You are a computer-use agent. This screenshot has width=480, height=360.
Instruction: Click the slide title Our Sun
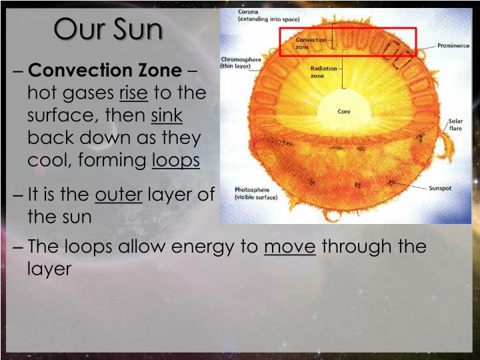coord(107,29)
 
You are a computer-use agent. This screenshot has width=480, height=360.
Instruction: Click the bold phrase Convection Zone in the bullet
coord(105,71)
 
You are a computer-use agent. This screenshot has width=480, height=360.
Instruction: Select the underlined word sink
coord(167,115)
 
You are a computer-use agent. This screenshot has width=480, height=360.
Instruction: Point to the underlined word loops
coord(176,161)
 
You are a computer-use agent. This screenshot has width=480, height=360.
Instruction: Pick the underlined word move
coord(290,247)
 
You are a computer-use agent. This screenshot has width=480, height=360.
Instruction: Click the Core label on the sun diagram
coord(343,111)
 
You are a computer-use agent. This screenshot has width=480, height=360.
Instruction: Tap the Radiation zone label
coord(323,72)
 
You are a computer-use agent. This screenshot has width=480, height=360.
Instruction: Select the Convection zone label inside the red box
coord(311,43)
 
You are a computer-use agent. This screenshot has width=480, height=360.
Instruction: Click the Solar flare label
coord(455,125)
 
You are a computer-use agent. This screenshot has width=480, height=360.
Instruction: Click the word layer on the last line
coord(49,269)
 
